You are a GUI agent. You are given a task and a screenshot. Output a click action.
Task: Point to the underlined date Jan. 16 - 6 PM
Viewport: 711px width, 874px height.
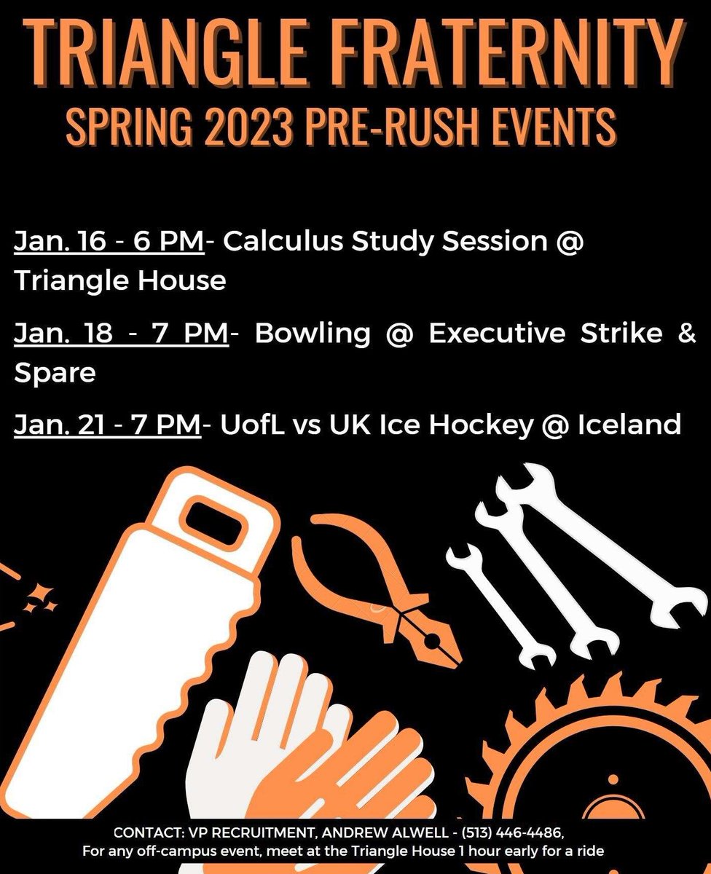coord(109,242)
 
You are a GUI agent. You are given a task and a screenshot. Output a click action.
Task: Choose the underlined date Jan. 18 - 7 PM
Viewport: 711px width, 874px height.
coord(121,334)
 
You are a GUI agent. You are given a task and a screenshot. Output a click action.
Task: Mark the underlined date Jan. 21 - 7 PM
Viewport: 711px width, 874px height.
coord(106,425)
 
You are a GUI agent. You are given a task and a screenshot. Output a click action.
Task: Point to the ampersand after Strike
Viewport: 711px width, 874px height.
coord(686,334)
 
